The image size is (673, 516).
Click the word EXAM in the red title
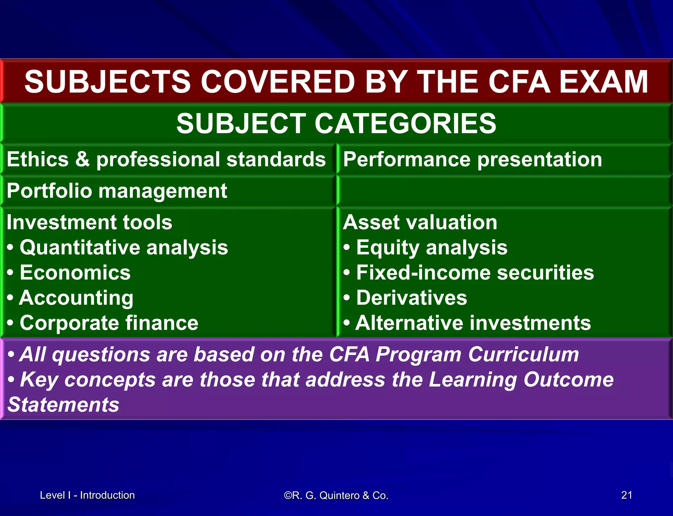point(603,82)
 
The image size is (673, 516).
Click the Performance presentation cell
point(472,159)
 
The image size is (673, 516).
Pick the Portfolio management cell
point(117,191)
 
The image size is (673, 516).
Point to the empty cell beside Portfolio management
point(504,191)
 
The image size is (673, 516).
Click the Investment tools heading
point(89,222)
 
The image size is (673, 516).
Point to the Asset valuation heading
point(420,222)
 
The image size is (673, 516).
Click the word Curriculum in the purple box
point(523,355)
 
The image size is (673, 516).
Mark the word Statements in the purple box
point(63,405)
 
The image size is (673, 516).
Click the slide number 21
point(626,495)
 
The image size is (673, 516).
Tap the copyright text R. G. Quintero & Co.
point(336,495)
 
